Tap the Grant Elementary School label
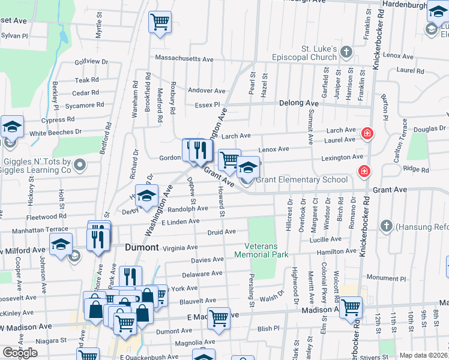click(302, 179)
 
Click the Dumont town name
click(142, 247)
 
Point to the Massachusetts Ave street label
click(184, 59)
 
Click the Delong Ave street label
click(299, 103)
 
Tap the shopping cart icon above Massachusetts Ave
click(160, 22)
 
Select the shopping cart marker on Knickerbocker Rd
click(351, 307)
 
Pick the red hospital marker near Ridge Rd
click(363, 172)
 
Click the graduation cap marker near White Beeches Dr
click(12, 127)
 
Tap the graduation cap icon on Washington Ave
click(145, 196)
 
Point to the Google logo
click(20, 353)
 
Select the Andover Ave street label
click(206, 91)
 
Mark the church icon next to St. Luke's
click(346, 53)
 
